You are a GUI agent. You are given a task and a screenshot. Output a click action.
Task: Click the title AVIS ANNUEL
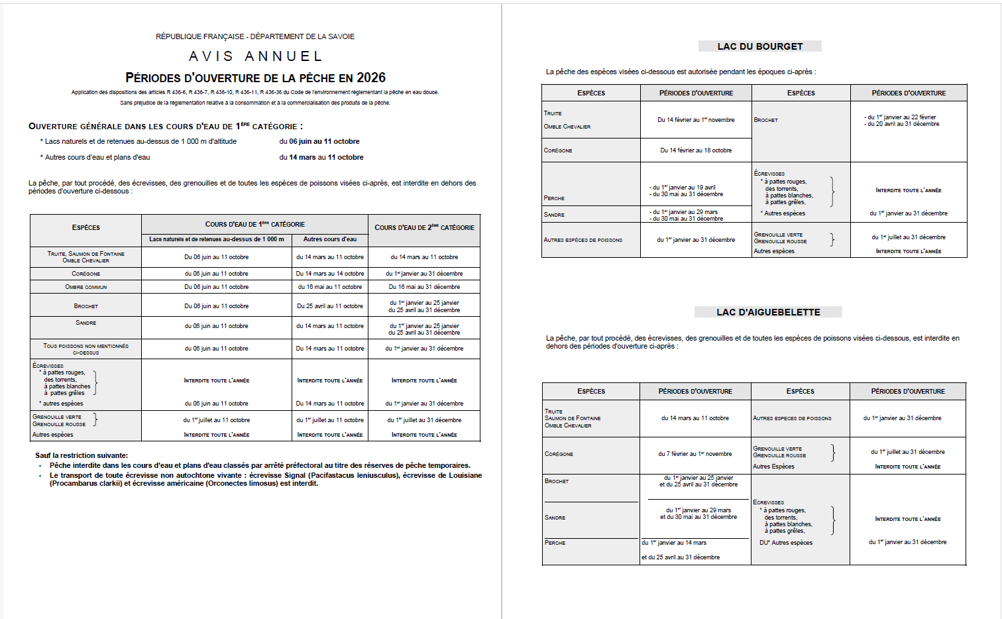click(256, 56)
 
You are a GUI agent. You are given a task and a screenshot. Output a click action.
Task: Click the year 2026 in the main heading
click(370, 78)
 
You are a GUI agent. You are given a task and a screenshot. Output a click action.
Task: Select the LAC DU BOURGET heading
click(759, 46)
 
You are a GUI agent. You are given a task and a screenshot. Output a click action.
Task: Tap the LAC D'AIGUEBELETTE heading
click(768, 312)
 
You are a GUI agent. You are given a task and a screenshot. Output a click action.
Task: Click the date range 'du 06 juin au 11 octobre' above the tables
click(319, 141)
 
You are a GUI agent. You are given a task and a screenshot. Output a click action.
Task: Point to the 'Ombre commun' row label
click(85, 287)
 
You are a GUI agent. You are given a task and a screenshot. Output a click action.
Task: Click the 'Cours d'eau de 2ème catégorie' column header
click(424, 227)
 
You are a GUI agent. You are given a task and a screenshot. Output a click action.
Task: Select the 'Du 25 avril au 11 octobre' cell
click(330, 306)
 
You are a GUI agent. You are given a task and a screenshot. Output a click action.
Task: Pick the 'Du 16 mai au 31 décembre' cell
click(424, 287)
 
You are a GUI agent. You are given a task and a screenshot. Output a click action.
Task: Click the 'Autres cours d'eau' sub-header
click(330, 239)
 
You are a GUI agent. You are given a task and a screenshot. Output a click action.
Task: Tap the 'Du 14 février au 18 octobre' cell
click(696, 150)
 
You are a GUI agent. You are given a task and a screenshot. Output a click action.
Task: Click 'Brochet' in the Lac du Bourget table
click(766, 120)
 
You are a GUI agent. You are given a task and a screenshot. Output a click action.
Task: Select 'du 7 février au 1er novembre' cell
click(695, 454)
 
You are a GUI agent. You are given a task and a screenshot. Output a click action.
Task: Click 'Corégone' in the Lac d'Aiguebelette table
click(559, 454)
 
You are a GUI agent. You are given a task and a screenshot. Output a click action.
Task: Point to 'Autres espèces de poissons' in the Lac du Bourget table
click(583, 240)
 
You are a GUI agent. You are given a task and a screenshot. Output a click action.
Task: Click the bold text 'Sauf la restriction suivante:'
click(82, 455)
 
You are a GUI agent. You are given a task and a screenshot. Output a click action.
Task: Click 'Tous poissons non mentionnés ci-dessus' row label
click(85, 349)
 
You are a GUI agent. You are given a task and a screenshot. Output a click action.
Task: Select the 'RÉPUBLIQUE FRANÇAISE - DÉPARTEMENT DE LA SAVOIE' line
click(255, 36)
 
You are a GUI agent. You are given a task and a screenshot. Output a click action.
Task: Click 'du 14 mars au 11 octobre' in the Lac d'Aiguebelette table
click(695, 418)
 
